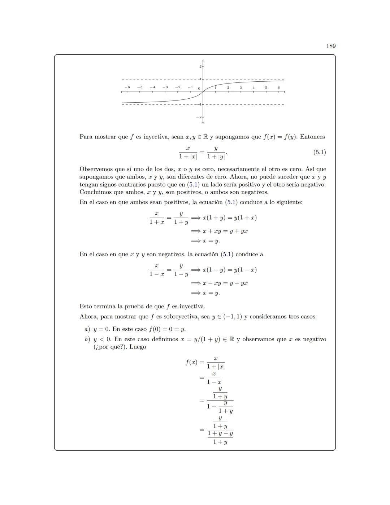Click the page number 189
point(330,46)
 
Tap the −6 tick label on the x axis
point(127,87)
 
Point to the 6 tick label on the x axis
point(278,87)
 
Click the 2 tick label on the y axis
point(200,67)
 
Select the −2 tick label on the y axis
point(199,117)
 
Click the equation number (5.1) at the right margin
point(319,152)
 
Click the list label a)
point(87,329)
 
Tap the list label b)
point(87,339)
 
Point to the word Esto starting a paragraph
point(86,307)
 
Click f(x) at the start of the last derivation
point(191,362)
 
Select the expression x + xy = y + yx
point(225,231)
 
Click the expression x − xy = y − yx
point(225,283)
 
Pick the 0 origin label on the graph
point(199,89)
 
